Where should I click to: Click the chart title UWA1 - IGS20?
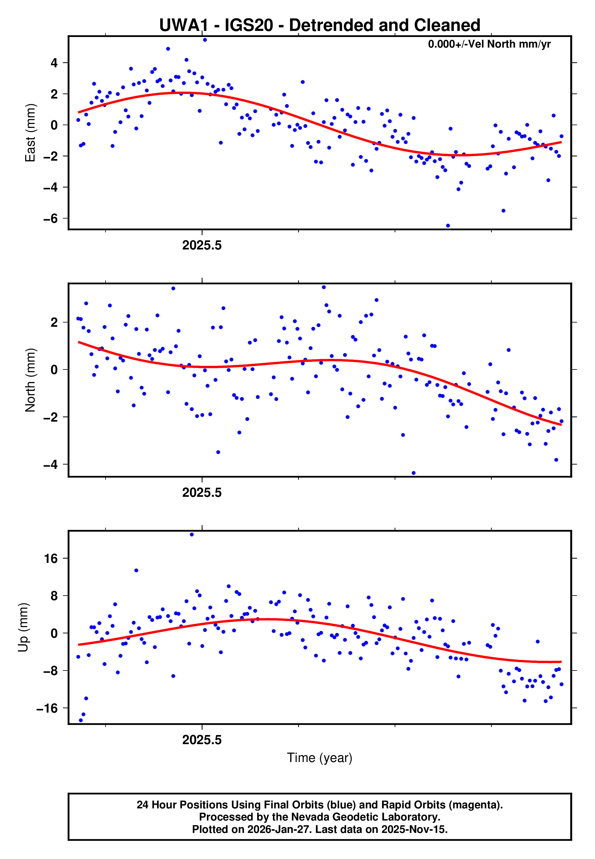point(320,25)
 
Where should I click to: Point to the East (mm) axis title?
point(30,133)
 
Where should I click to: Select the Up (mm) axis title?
point(23,627)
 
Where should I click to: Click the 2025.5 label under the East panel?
point(202,246)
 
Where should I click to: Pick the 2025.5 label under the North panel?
point(202,493)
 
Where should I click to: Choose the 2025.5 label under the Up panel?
point(202,740)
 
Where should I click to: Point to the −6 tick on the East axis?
point(50,218)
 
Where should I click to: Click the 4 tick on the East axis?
point(54,63)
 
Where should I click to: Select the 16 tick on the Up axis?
point(51,558)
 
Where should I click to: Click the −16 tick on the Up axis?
point(47,708)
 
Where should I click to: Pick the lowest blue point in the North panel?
point(413,473)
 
